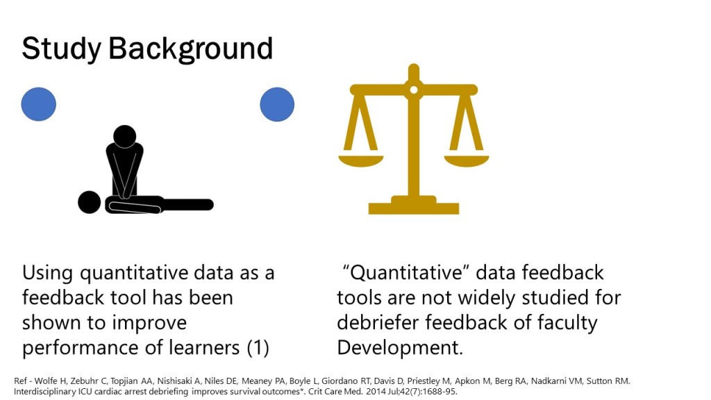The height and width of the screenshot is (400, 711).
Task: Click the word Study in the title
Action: pos(61,49)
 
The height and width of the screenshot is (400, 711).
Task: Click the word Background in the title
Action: pos(190,49)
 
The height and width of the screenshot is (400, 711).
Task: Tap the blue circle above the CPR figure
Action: pos(39,104)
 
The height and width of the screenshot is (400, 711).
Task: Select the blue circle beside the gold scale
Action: pos(277,104)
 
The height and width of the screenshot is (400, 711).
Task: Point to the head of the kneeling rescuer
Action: pos(125,137)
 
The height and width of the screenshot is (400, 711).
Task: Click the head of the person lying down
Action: pos(90,202)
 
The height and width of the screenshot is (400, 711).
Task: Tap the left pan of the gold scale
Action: pos(361,160)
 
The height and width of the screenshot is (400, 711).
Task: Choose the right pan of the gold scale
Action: pos(467,160)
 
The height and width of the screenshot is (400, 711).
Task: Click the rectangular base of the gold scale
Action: pos(414,208)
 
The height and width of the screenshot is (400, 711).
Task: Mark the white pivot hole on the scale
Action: pos(414,90)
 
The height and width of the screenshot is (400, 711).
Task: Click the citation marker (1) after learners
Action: pos(258,347)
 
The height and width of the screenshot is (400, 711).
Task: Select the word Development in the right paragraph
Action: pos(399,348)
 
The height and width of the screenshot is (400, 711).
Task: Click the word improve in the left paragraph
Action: pos(149,324)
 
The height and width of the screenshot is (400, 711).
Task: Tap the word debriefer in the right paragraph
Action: pos(378,322)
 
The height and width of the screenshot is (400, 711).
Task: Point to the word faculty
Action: pos(567,324)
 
